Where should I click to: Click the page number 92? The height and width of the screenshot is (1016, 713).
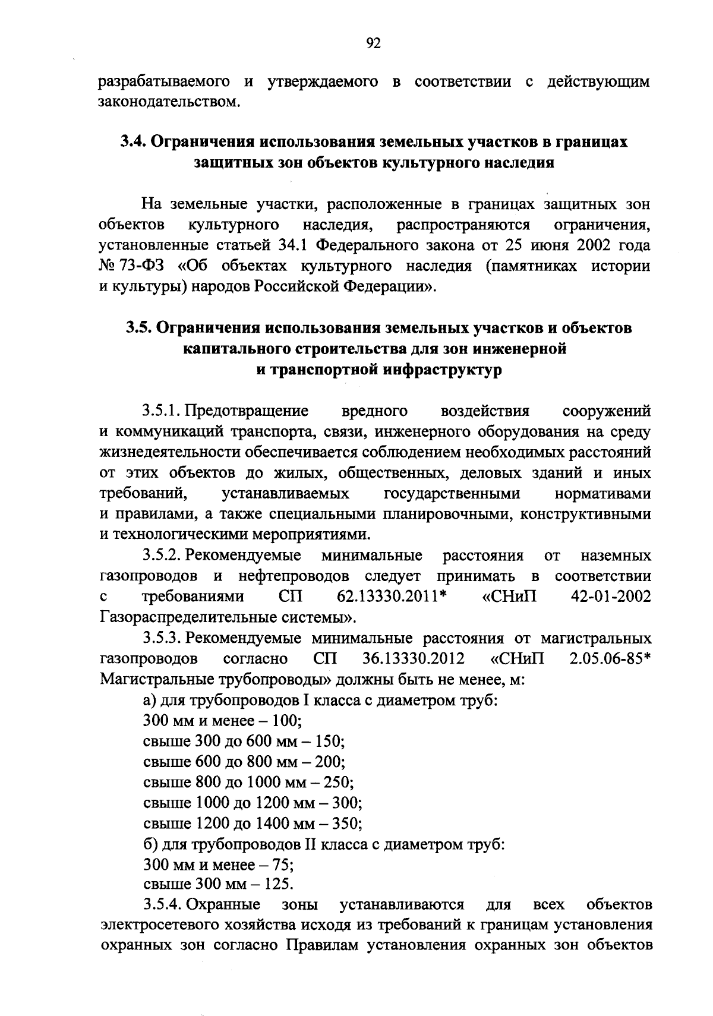point(374,43)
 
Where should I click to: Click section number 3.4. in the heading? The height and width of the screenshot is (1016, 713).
point(134,142)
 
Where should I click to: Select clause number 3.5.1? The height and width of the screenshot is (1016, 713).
point(161,411)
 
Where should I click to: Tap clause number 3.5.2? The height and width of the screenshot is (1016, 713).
point(162,556)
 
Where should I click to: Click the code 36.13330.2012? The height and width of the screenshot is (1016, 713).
point(412,659)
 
